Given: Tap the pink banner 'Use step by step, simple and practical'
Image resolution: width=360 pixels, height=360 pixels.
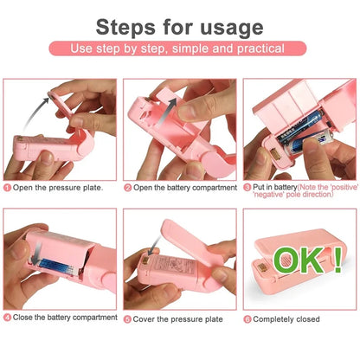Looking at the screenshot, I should point(179,49).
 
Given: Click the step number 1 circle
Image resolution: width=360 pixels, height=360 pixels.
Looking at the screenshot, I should point(8,188).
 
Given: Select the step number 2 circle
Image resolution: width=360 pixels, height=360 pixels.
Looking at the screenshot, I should point(127,188).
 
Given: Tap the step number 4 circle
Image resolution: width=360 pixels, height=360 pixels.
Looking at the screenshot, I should point(8,318).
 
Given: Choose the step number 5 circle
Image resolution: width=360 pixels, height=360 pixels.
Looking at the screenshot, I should point(127,318).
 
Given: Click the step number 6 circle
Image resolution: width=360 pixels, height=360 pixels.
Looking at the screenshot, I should point(248,318).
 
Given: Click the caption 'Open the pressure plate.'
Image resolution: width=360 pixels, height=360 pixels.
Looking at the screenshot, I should point(58,188).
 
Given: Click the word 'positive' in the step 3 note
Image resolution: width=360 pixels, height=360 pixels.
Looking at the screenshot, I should point(340,186).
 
